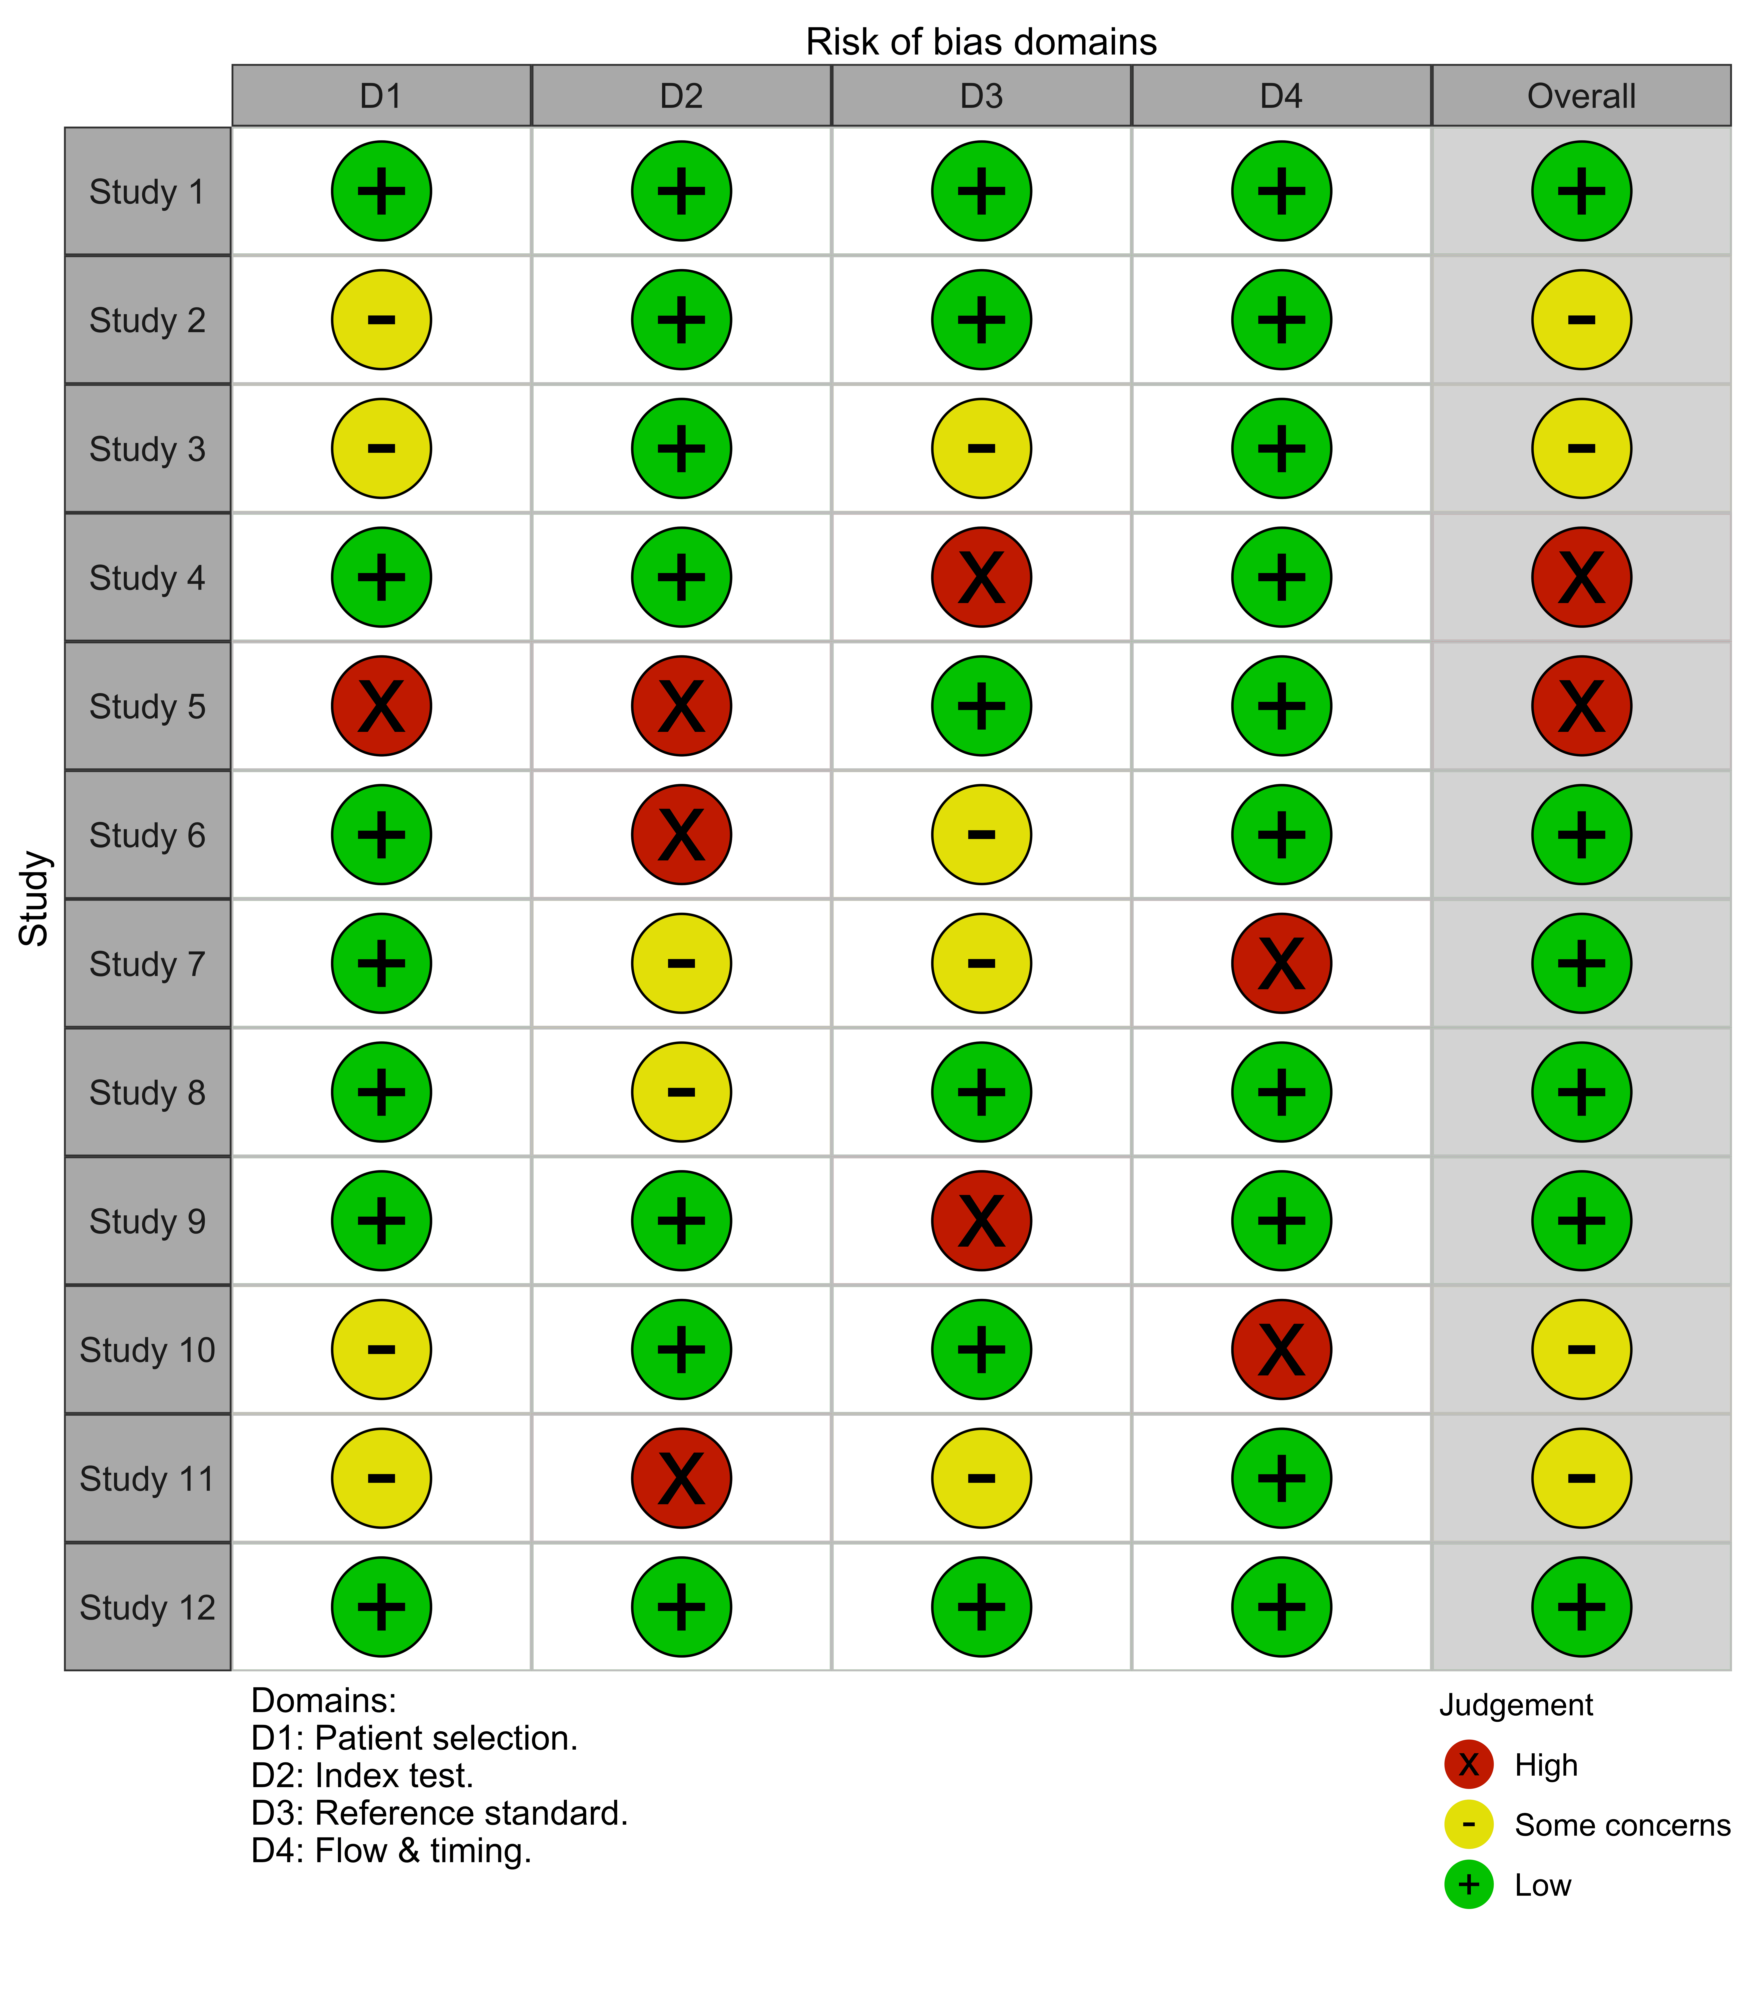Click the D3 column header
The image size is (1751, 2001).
point(981,96)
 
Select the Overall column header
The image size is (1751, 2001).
point(1581,96)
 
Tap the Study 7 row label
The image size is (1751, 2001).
point(148,963)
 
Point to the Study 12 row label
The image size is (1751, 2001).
point(148,1607)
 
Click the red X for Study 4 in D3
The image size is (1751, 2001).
point(981,578)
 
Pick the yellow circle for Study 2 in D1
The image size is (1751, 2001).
point(381,319)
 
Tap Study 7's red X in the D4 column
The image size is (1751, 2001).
point(1281,963)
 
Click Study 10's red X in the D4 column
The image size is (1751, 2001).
point(1281,1349)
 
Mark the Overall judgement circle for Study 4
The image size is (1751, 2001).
point(1581,578)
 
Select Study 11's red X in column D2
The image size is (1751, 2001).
point(681,1478)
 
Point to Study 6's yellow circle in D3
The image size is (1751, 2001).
point(981,834)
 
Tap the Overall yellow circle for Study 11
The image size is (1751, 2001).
point(1581,1478)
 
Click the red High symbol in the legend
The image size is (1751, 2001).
point(1469,1765)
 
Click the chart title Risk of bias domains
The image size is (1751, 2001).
point(981,42)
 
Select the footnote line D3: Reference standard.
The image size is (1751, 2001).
point(440,1813)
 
